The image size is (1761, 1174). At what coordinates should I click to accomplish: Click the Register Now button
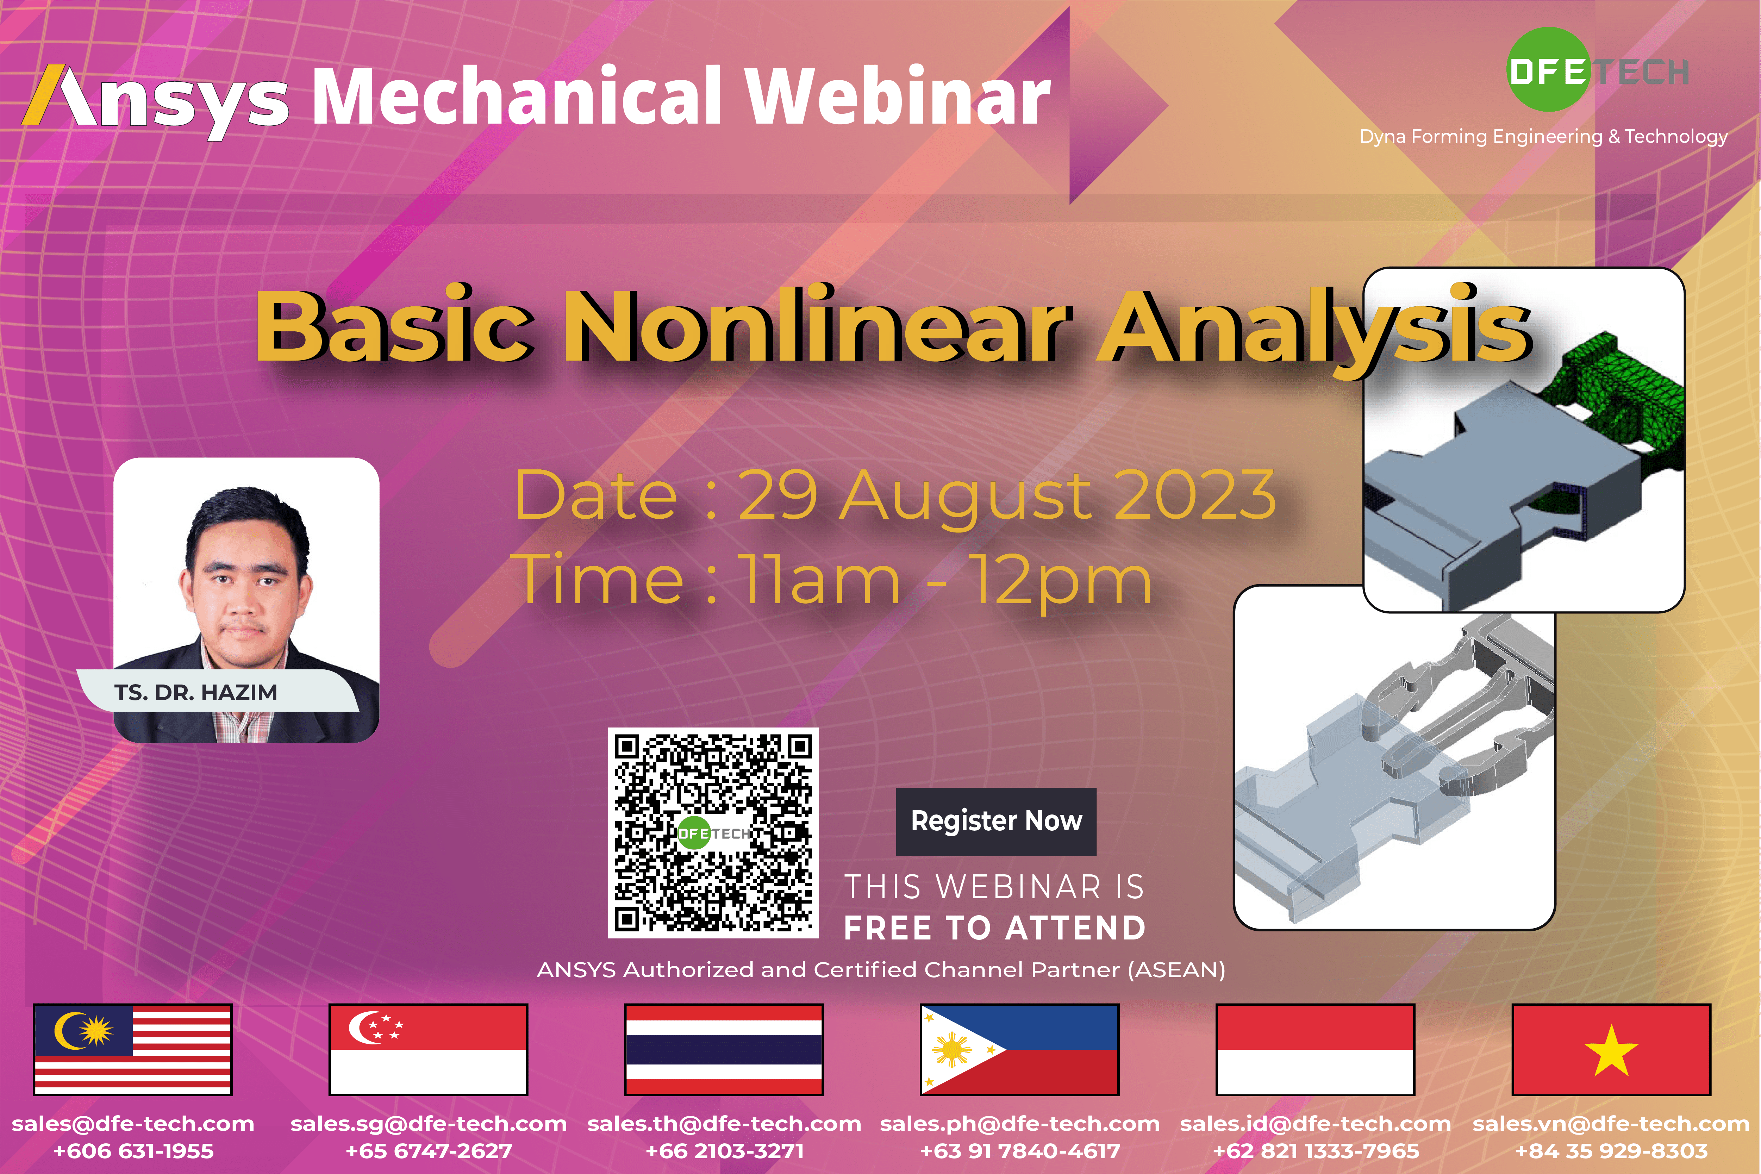click(x=996, y=822)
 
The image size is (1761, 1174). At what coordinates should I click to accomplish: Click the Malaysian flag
click(x=132, y=1049)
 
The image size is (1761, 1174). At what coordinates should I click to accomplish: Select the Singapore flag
click(x=428, y=1049)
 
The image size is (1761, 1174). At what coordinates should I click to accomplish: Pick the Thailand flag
click(x=724, y=1049)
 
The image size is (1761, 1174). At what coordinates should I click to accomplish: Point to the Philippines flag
click(x=1020, y=1049)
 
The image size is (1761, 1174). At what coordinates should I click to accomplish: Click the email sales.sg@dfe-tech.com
click(x=428, y=1124)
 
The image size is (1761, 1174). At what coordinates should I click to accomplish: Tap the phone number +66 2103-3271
click(x=725, y=1151)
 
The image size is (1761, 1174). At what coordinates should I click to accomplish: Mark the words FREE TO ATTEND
click(x=995, y=929)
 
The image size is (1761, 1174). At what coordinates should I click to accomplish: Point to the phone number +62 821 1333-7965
click(x=1316, y=1151)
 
